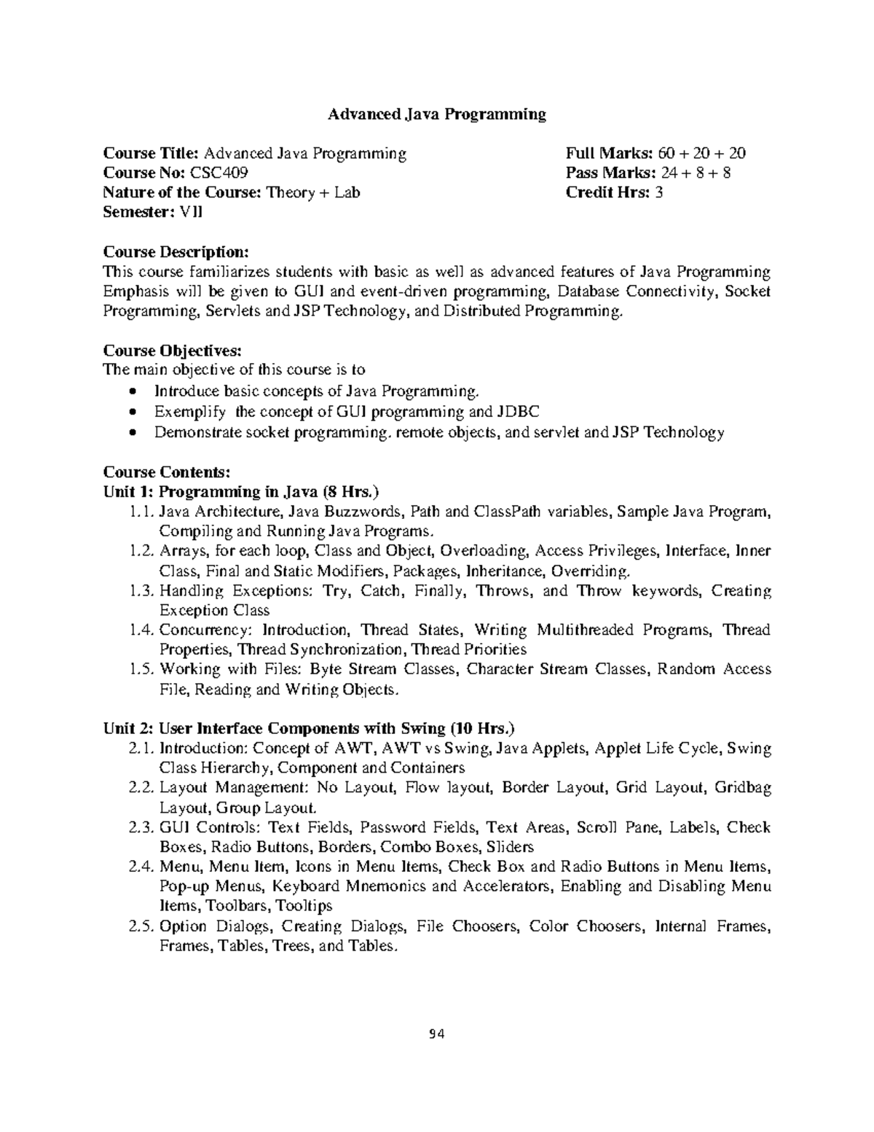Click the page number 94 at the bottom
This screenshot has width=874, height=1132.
tap(436, 1034)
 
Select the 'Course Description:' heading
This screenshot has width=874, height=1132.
tap(176, 252)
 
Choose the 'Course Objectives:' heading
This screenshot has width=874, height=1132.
tap(171, 351)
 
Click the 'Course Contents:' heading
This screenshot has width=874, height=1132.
tap(167, 472)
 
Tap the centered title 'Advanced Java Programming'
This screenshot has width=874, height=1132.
tap(436, 114)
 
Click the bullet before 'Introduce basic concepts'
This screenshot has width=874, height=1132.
tap(131, 391)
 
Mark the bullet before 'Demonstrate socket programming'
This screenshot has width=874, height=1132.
tap(131, 432)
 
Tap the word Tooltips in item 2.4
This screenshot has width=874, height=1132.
tap(305, 906)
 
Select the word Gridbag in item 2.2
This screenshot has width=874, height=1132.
tap(742, 788)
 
